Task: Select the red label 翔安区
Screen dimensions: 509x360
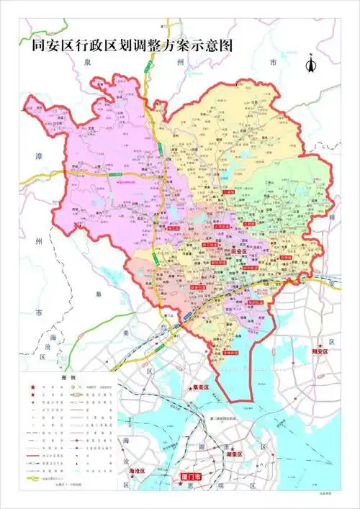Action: click(x=320, y=351)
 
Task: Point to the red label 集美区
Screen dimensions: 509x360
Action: click(x=199, y=388)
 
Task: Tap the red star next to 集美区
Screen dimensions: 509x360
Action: click(x=189, y=388)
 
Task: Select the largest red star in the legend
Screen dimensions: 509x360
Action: click(x=32, y=388)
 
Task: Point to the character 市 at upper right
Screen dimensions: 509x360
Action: click(x=272, y=63)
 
